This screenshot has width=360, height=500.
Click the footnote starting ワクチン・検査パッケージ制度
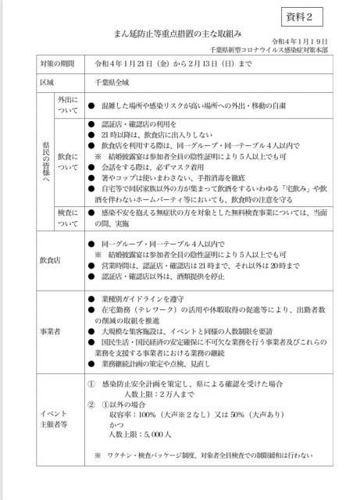click(x=210, y=455)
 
